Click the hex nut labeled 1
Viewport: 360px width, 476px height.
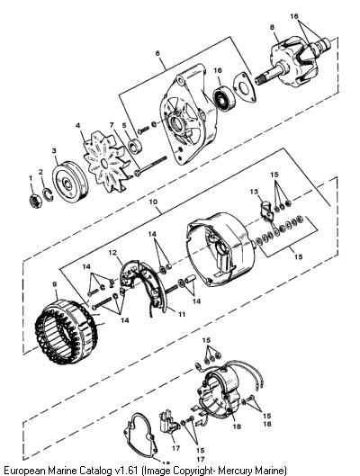pos(36,201)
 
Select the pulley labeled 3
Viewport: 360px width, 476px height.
pos(70,182)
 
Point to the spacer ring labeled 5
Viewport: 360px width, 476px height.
pos(134,147)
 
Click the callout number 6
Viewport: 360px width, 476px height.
pos(157,53)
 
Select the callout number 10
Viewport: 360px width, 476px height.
pos(154,202)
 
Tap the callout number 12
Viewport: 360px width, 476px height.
pos(112,252)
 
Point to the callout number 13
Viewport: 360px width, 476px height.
pos(254,192)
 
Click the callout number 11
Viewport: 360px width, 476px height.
pos(182,314)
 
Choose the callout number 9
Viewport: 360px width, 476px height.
pos(55,284)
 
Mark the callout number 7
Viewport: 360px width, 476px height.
pos(112,125)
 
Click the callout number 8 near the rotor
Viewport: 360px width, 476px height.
pos(272,27)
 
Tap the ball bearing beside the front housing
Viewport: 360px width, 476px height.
pos(225,96)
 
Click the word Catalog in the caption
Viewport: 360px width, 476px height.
pos(95,471)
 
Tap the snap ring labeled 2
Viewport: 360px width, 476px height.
pos(49,194)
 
